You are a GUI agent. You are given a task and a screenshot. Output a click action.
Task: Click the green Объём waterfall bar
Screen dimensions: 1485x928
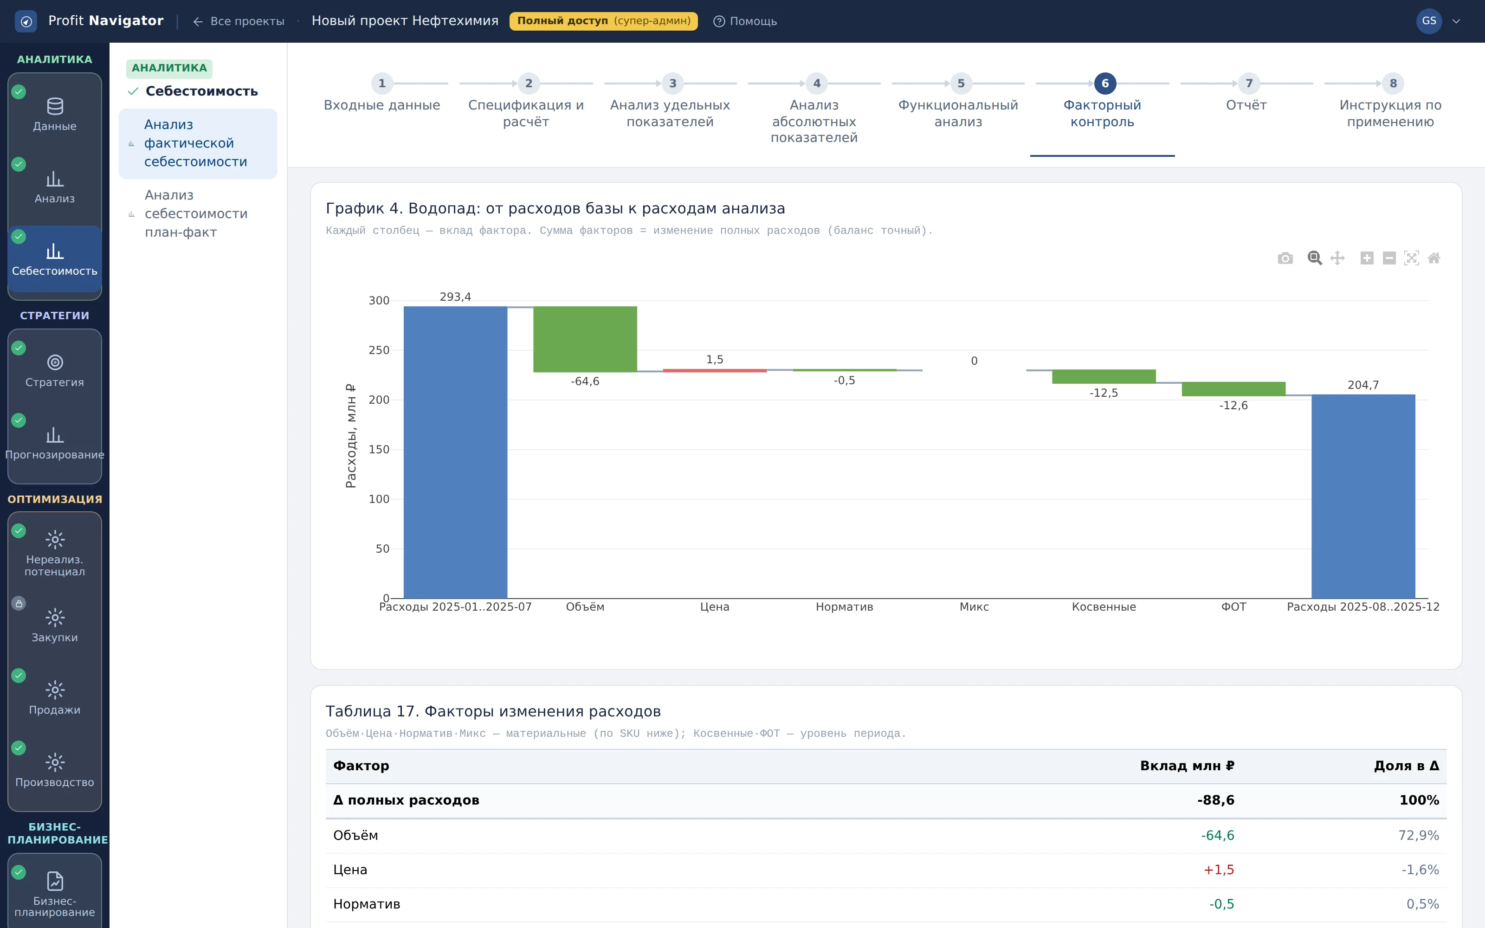[x=585, y=339]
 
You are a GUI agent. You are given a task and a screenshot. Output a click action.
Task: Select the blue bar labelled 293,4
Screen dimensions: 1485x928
[x=455, y=452]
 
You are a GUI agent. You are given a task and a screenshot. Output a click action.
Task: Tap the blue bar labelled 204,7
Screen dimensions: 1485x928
[x=1363, y=496]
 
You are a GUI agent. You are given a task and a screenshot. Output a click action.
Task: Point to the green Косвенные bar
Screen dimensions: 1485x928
[x=1104, y=376]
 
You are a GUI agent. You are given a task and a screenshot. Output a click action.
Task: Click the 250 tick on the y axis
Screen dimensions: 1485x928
[x=379, y=350]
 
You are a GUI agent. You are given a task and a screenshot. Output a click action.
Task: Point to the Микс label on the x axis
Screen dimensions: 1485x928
[x=974, y=607]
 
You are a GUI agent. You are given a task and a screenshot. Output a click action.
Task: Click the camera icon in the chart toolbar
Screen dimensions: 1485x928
[x=1285, y=258]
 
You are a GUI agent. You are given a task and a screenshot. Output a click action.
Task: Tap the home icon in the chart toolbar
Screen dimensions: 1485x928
[x=1433, y=258]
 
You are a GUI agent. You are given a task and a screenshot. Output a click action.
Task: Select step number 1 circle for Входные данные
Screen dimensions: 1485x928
[x=381, y=83]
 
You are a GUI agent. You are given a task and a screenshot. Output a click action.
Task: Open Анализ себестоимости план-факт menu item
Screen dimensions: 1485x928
[x=196, y=213]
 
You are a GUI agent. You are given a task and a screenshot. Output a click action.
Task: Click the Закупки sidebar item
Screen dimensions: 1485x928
[x=55, y=625]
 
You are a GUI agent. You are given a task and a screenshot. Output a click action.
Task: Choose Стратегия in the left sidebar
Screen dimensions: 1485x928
[x=55, y=370]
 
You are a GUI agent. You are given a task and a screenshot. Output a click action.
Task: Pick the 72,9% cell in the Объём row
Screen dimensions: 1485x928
[x=1418, y=835]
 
